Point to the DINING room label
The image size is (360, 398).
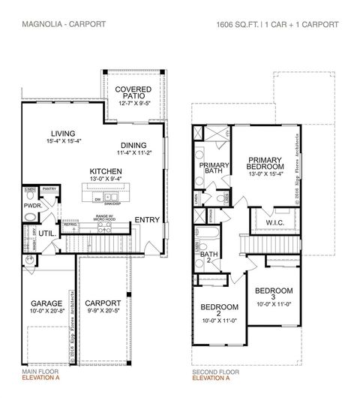[x=133, y=146]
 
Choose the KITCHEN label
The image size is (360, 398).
[x=106, y=170]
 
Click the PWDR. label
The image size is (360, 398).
[x=33, y=204]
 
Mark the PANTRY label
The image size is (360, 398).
[x=49, y=189]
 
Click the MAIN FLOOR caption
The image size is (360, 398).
[x=38, y=372]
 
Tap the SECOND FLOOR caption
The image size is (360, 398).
[x=215, y=372]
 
